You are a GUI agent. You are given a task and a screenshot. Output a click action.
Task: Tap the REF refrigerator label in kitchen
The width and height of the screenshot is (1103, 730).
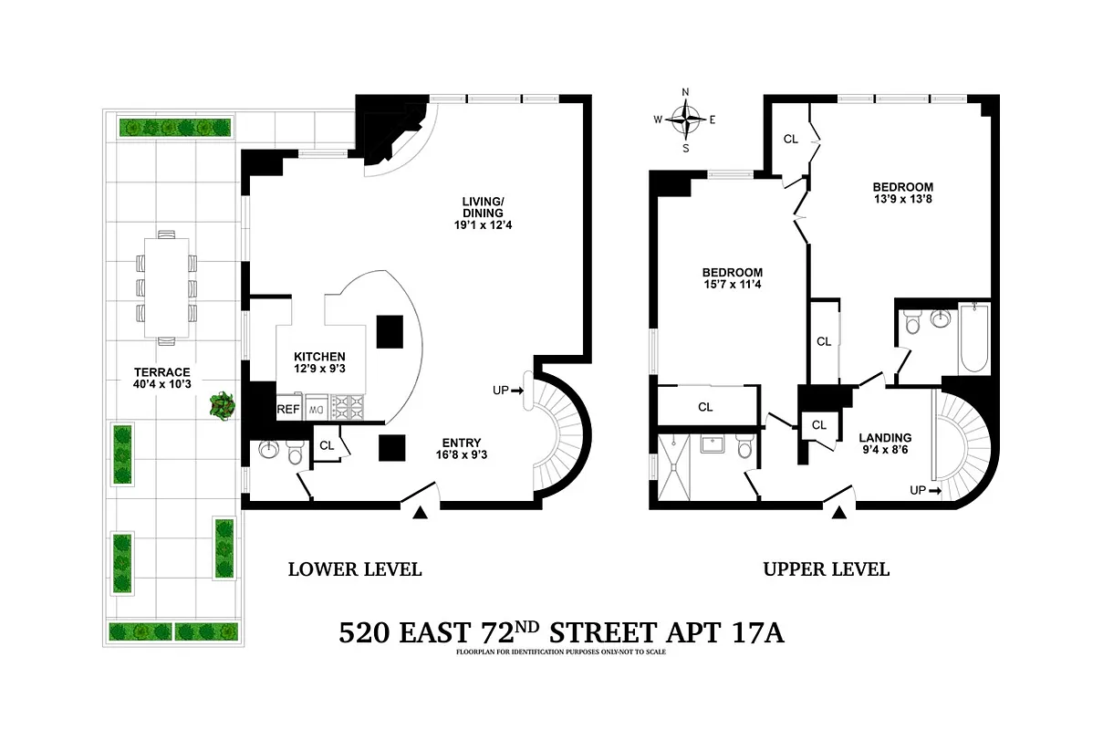coord(289,410)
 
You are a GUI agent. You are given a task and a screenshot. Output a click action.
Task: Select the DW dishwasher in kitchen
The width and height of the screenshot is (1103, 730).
coord(316,410)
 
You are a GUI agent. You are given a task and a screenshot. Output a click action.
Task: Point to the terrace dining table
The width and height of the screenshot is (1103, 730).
coord(166,287)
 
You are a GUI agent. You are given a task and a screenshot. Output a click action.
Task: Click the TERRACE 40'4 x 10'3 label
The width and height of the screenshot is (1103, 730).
coord(161,379)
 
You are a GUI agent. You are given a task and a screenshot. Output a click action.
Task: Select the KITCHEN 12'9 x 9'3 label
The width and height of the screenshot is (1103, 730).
coord(319,363)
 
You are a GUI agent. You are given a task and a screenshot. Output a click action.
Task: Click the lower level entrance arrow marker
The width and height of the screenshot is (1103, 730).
coord(420,515)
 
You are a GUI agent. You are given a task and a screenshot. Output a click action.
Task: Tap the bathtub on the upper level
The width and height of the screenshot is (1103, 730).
coord(973,339)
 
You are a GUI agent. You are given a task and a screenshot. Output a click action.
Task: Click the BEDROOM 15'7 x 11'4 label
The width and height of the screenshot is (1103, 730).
coord(732,279)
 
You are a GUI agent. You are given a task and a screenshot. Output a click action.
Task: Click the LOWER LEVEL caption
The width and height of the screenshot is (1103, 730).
coord(354,569)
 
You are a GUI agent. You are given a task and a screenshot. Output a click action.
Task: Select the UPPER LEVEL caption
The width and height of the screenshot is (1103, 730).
coord(826,569)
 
